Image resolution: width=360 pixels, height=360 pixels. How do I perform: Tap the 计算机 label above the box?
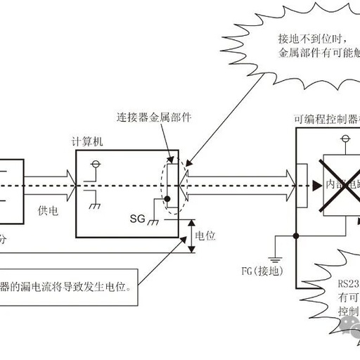[97, 141]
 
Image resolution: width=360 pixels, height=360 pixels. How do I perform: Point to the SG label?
[138, 219]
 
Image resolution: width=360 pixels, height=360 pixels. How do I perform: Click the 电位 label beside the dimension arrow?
[205, 236]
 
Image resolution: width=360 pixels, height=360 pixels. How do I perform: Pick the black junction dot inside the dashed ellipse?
[167, 199]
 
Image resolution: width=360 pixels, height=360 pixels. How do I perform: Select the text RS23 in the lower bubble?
[347, 284]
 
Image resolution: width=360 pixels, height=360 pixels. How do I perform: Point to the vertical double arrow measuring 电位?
[191, 235]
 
